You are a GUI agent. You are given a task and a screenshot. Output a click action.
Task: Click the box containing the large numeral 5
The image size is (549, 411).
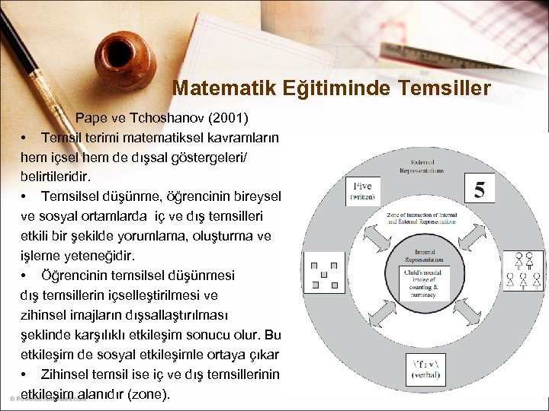479,190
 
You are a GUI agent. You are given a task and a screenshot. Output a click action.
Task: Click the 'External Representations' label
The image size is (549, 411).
422,167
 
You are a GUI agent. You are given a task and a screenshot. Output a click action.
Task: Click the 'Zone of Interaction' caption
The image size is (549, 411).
422,221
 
